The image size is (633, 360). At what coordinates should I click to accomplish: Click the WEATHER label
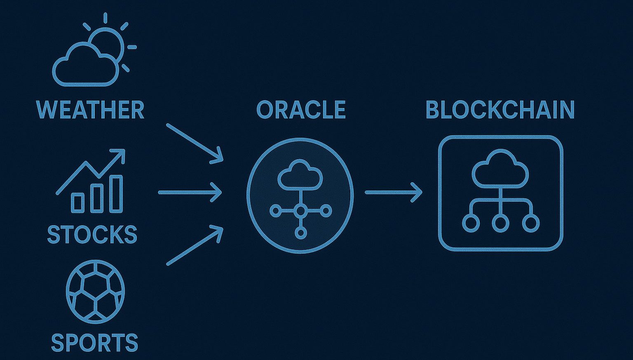point(90,110)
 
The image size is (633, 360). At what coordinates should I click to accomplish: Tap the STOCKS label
point(92,234)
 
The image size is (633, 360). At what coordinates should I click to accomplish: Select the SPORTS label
point(94,343)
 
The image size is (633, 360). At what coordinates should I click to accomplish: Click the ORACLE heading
point(301,110)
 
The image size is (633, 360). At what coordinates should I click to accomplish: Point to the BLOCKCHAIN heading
point(500,110)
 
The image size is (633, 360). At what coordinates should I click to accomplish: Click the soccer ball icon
point(95,291)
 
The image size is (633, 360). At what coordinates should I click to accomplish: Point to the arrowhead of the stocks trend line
point(120,155)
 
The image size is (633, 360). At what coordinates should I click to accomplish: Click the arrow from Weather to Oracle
point(195,143)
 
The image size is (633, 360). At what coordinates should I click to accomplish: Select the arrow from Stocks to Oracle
point(190,192)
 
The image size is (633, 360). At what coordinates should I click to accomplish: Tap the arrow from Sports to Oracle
point(195,245)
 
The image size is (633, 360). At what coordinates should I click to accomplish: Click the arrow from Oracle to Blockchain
point(394,192)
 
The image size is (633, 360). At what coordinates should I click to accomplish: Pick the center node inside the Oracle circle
point(300,211)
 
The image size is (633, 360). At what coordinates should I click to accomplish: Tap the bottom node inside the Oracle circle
point(300,233)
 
